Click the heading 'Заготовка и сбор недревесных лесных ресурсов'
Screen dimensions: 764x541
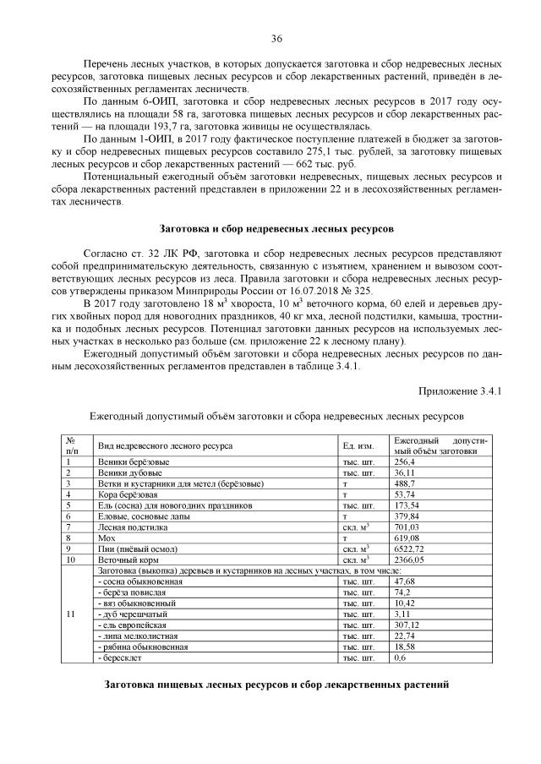276,228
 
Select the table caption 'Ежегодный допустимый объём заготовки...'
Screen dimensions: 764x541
276,417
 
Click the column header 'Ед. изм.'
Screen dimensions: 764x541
358,445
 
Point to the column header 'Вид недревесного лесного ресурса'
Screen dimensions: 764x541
166,445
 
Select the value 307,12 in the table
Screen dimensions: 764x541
408,625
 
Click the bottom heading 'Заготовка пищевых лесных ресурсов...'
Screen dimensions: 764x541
276,683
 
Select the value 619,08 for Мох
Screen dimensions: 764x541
408,538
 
